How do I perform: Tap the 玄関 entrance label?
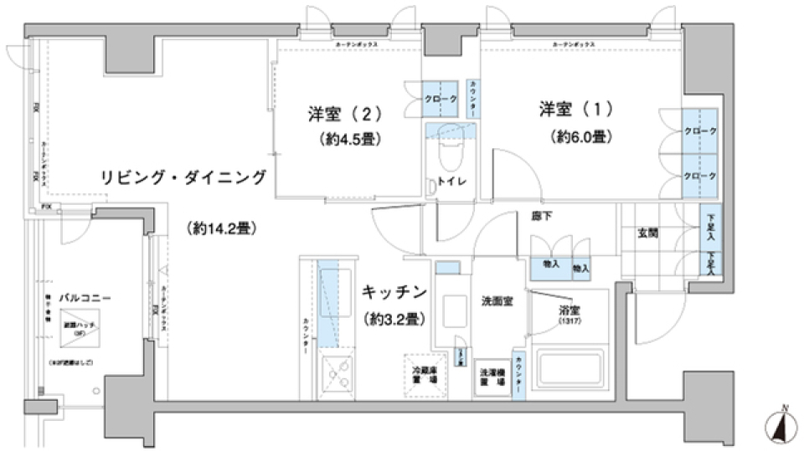tap(647, 232)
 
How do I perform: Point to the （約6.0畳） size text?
tap(579, 136)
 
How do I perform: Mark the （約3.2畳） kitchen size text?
tap(395, 319)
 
